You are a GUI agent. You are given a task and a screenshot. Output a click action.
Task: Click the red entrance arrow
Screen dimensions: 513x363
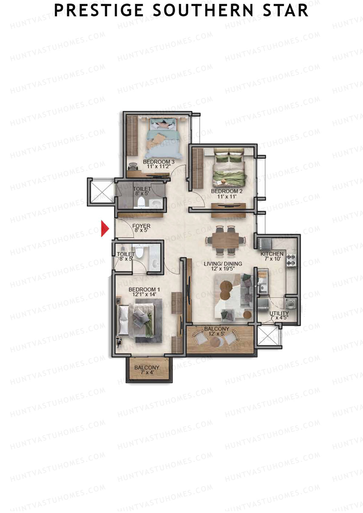click(104, 229)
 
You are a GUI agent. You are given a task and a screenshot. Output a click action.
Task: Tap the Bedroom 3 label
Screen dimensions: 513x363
click(159, 164)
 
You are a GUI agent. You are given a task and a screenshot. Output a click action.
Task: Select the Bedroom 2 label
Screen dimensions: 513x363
click(227, 193)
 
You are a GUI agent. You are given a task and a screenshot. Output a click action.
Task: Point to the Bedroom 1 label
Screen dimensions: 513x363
click(144, 292)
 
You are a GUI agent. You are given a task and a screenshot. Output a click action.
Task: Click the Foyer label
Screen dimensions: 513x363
click(141, 228)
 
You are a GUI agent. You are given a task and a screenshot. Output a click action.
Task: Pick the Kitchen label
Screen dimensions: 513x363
click(272, 256)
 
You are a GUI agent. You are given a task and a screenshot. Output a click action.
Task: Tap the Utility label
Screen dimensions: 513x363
click(279, 315)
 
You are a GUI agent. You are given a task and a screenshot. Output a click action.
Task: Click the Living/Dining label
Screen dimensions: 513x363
click(223, 266)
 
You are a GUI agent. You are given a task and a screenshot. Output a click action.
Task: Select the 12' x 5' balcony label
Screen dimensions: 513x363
click(217, 331)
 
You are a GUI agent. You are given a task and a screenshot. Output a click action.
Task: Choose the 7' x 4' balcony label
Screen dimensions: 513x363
click(147, 370)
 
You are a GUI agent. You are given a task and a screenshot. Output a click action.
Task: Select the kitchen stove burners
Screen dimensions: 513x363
click(291, 260)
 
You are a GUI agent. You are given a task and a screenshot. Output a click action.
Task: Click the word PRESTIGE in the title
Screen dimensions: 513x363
click(98, 11)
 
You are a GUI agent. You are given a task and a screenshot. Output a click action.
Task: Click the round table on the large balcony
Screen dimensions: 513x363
click(217, 342)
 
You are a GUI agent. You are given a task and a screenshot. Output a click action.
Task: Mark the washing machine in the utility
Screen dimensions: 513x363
click(291, 303)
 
